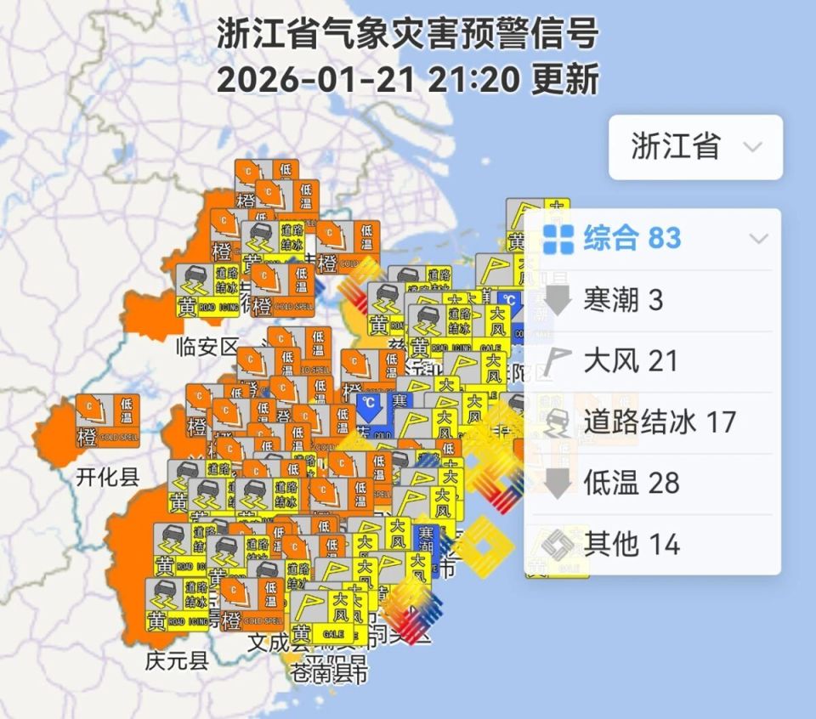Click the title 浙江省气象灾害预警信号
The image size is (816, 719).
tap(408, 36)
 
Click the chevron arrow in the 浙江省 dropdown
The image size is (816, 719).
tap(752, 147)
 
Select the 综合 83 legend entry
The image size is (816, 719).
tap(632, 239)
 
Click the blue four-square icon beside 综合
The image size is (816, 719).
tap(558, 239)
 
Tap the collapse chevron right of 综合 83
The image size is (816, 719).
tap(758, 239)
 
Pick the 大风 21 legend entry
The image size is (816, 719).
tap(631, 361)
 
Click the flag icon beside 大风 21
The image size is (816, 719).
tap(558, 361)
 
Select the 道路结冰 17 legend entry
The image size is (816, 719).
tap(660, 422)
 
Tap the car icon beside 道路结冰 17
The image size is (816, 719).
tap(558, 422)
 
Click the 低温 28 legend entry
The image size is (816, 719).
tap(632, 483)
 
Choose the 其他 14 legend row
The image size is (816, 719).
tap(632, 544)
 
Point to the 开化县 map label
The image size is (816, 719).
tap(107, 475)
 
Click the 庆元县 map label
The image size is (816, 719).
tap(177, 660)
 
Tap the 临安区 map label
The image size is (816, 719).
tap(207, 347)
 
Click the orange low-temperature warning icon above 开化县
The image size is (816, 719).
tap(107, 422)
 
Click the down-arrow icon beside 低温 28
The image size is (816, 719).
tap(558, 483)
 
